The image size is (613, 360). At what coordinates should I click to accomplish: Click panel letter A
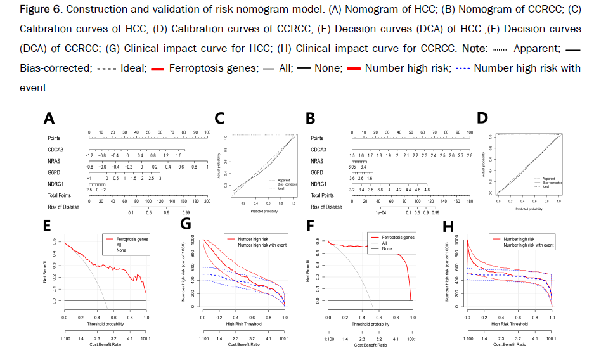pyautogui.click(x=49, y=119)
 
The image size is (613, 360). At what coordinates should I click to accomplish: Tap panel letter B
pyautogui.click(x=311, y=119)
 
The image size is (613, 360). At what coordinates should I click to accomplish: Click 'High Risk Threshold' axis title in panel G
pyautogui.click(x=243, y=324)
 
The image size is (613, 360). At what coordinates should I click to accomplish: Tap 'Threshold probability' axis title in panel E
pyautogui.click(x=105, y=324)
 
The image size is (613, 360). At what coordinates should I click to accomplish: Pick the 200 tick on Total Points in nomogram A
pyautogui.click(x=207, y=201)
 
